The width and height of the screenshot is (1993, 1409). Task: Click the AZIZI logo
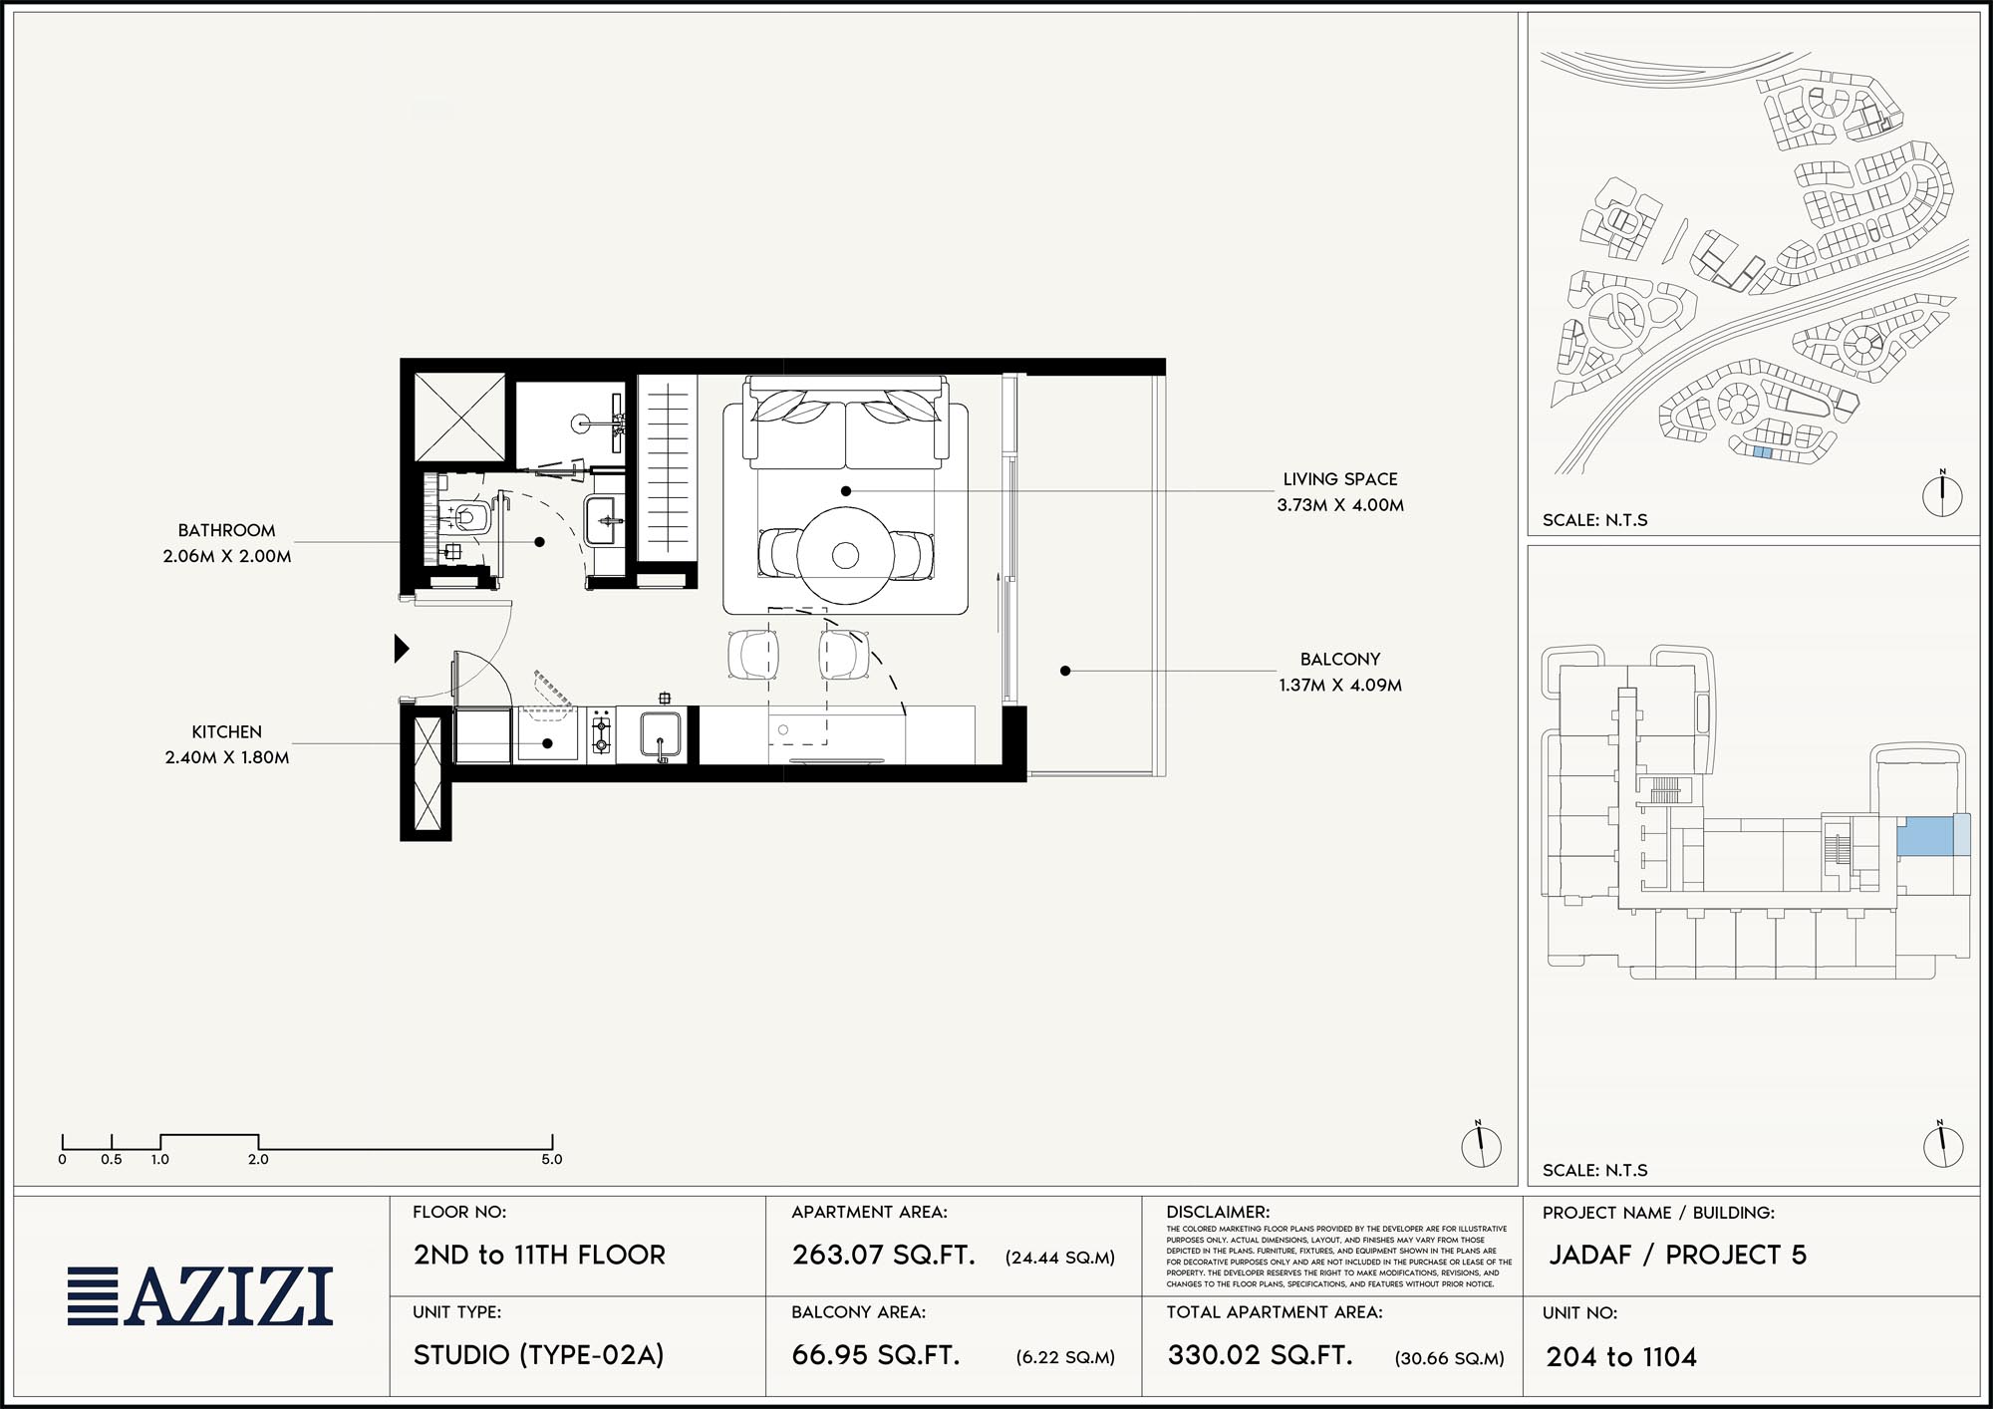point(200,1296)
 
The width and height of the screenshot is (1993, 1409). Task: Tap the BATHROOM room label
point(227,531)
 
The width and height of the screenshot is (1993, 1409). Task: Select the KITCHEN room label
point(227,732)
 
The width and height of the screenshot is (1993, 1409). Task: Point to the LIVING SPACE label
point(1340,479)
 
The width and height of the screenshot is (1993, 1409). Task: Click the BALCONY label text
point(1340,660)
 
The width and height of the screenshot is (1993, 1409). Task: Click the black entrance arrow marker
point(402,649)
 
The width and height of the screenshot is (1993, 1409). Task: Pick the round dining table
point(845,555)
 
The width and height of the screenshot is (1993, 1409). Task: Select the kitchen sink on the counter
point(660,736)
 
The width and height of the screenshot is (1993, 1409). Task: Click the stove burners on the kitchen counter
point(601,735)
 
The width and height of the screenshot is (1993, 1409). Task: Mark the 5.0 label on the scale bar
point(552,1160)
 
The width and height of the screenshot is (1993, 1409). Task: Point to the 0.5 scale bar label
point(112,1160)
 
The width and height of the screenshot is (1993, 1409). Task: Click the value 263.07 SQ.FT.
point(884,1255)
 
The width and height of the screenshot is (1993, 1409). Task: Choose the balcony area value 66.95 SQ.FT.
point(876,1355)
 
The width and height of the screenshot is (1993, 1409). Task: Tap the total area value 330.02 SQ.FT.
point(1261,1355)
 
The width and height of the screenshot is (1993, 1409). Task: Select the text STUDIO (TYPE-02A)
point(539,1355)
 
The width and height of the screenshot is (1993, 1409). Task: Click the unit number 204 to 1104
point(1621,1357)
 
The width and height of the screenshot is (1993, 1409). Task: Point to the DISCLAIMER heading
point(1218,1213)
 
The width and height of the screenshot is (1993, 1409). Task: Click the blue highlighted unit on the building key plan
point(1924,836)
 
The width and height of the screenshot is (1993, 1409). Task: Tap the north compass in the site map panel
point(1942,494)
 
